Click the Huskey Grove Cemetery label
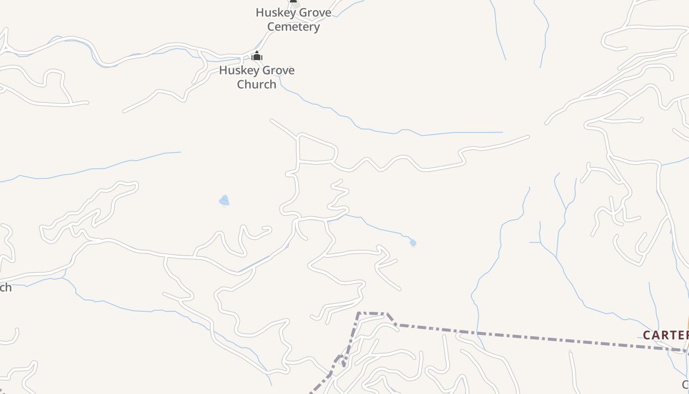[293, 20]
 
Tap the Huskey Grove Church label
[256, 77]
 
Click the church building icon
[256, 56]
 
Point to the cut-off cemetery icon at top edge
[294, 1]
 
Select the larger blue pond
[224, 200]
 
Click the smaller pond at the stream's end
[413, 243]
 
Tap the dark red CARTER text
[665, 335]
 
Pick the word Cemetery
[293, 27]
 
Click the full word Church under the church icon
[256, 84]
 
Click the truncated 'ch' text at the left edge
[5, 288]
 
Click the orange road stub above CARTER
[688, 323]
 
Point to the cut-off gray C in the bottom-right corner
[686, 385]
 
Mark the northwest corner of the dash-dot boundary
[359, 313]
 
